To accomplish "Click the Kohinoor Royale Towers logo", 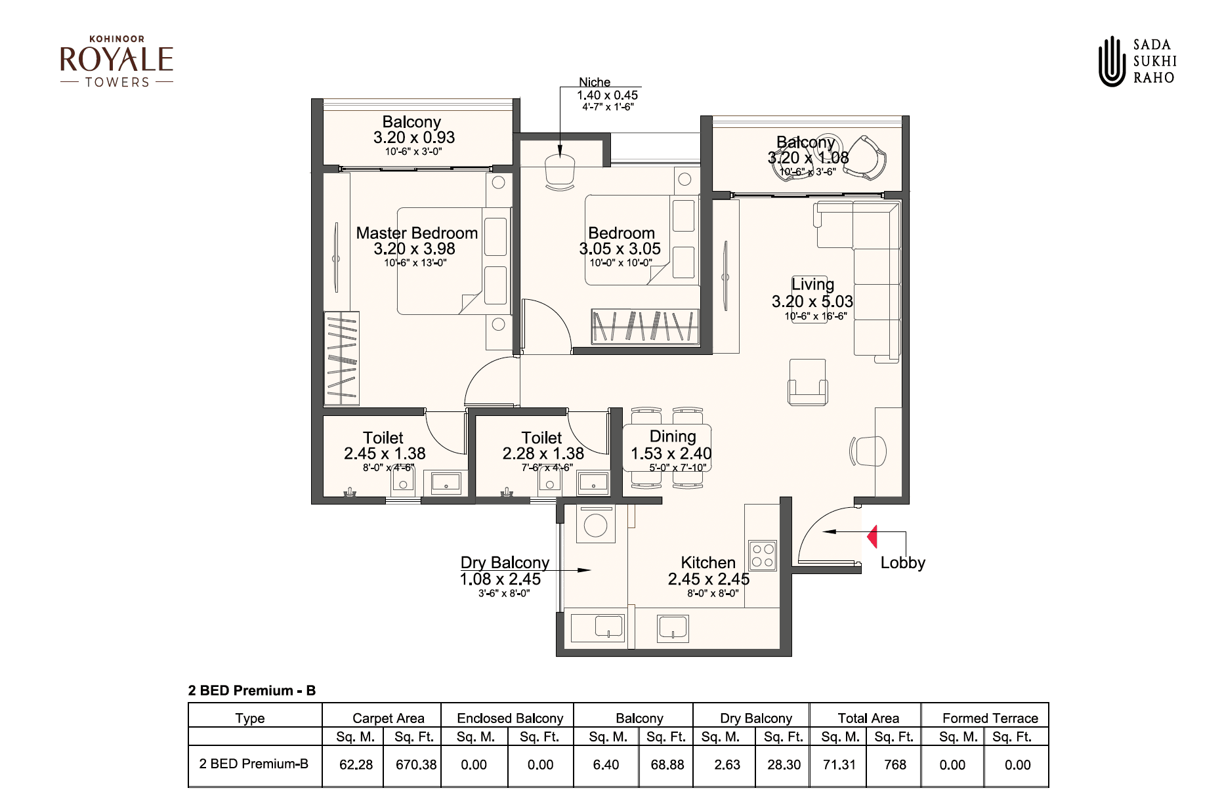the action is coord(116,62).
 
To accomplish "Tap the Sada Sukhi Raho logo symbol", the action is coord(1112,61).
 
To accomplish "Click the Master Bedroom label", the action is coord(417,233).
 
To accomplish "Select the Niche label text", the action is coord(595,82).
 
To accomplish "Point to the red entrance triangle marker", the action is coord(872,537).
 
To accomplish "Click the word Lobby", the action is coord(902,562).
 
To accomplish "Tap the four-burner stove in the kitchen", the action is coord(762,554).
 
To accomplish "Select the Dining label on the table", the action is coord(672,436).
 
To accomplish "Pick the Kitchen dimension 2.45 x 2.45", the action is coord(709,579).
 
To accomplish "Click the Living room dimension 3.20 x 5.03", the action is coord(812,301).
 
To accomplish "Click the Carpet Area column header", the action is coord(388,718).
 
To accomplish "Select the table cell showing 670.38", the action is coord(415,764).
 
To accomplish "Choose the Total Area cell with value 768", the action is coord(895,764).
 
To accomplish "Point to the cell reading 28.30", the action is coord(784,764).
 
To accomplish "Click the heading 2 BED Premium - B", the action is coord(252,690).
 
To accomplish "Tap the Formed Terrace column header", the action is coord(990,718).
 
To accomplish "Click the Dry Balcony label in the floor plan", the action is coord(505,562).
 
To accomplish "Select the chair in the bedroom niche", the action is coord(560,174).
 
